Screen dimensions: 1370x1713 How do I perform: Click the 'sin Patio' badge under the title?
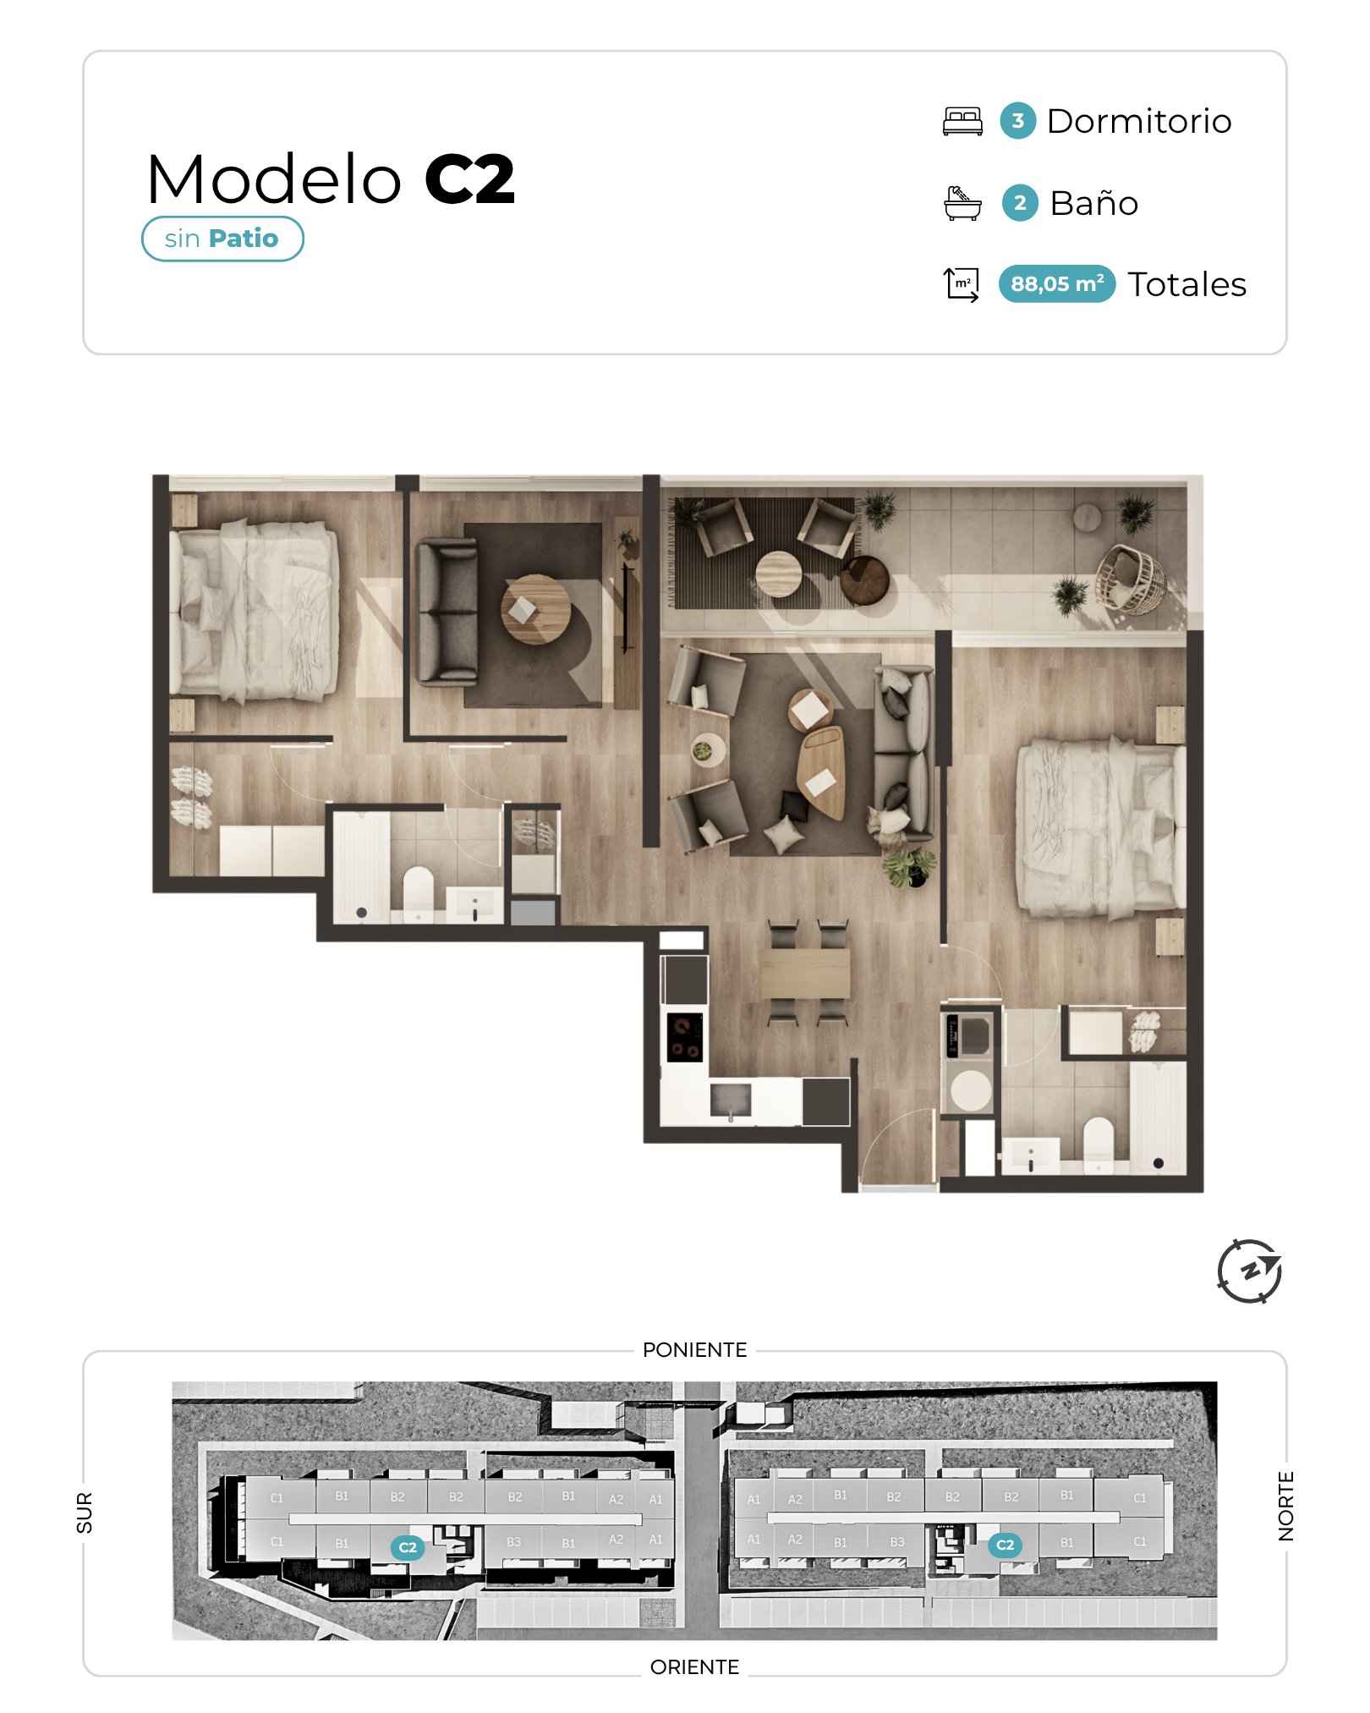coord(222,239)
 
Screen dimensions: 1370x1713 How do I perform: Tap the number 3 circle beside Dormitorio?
coord(1018,121)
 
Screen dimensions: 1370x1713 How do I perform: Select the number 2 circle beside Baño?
coord(1020,203)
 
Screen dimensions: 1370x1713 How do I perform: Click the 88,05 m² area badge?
coord(1057,284)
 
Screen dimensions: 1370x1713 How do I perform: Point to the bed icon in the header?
coord(963,121)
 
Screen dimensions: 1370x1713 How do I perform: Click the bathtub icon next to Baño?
coord(962,203)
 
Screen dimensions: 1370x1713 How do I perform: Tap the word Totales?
coord(1187,284)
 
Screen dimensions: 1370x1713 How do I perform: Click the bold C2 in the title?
coord(469,179)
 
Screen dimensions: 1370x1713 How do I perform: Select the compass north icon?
coord(1250,1271)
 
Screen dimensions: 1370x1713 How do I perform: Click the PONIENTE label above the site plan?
coord(695,1349)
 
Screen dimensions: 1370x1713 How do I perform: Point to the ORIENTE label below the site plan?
coord(695,1666)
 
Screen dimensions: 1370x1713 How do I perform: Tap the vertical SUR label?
coord(85,1513)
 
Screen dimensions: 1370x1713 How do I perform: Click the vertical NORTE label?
coord(1286,1506)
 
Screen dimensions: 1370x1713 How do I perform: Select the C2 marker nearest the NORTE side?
coord(1005,1545)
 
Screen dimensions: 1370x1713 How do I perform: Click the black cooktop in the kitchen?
coord(685,1037)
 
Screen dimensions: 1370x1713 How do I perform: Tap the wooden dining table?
coord(805,973)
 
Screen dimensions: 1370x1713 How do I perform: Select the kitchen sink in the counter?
coord(731,1100)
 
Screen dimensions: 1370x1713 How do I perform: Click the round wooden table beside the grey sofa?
coord(535,609)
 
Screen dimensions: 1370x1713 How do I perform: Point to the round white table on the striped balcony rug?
coord(778,574)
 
